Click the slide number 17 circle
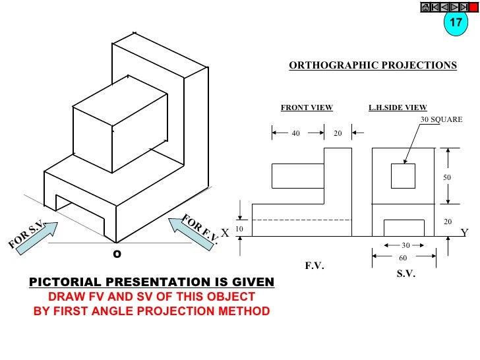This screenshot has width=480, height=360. [456, 22]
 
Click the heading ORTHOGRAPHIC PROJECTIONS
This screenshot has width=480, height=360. [373, 66]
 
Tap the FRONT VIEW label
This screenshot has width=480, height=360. [307, 107]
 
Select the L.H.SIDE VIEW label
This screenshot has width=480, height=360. [398, 107]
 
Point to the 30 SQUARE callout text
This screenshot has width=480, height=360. [442, 119]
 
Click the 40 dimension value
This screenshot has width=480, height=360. [296, 133]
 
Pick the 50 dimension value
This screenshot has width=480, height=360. [447, 177]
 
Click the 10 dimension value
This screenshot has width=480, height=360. [239, 228]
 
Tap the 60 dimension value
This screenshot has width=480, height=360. [403, 258]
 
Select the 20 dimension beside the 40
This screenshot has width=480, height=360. [338, 133]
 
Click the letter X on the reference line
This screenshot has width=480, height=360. [225, 233]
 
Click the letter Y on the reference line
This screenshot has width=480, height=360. [464, 233]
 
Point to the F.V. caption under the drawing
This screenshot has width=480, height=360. [315, 266]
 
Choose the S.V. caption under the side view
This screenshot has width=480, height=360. [405, 274]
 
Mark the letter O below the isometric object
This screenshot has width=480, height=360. [117, 253]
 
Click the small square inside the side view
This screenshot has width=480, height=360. [403, 176]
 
